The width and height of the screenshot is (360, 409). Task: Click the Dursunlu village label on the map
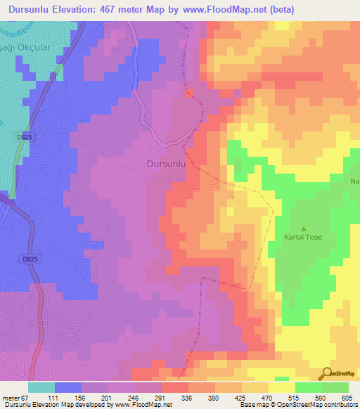167,164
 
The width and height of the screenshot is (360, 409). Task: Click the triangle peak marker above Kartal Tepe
304,228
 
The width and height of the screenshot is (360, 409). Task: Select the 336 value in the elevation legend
186,398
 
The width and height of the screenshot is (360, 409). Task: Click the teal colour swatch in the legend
41,387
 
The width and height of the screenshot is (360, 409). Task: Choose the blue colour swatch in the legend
68,387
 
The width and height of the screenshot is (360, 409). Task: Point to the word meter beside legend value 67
10,398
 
